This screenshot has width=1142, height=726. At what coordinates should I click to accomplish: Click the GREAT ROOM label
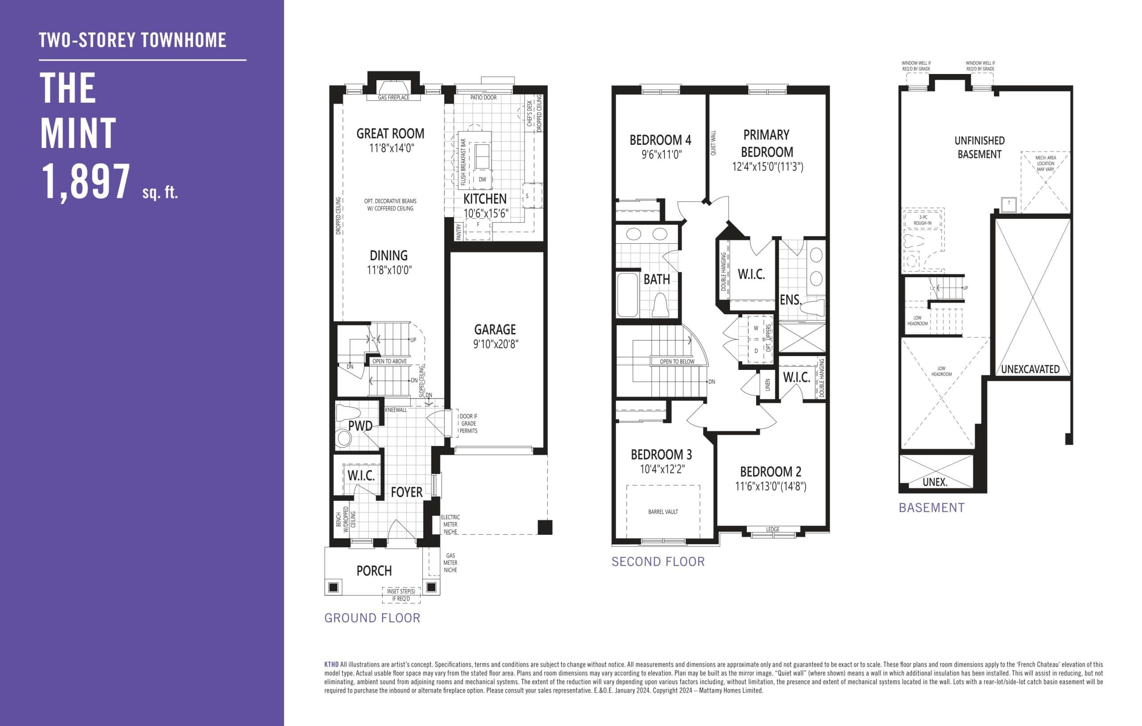[x=390, y=134]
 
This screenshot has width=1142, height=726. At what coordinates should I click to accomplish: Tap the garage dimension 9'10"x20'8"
[x=496, y=344]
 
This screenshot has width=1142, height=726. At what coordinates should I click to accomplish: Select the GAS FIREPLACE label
[x=393, y=98]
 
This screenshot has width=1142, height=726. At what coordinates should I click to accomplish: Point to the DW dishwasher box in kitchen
[x=482, y=180]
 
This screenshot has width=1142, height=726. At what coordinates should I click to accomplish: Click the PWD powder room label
[x=360, y=426]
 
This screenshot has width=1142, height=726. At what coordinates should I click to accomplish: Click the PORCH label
[x=374, y=571]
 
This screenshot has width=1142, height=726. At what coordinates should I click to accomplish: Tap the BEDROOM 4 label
[x=660, y=140]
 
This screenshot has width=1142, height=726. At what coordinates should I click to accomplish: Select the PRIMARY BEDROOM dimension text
[x=767, y=167]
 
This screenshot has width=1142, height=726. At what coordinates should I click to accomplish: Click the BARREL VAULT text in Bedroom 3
[x=663, y=512]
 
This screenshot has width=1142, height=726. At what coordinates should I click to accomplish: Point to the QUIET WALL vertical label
[x=714, y=143]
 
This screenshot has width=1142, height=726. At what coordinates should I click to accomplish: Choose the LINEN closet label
[x=767, y=385]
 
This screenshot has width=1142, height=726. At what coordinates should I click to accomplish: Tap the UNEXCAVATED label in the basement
[x=1030, y=369]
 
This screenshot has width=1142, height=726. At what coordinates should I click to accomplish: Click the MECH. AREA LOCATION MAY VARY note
[x=1045, y=164]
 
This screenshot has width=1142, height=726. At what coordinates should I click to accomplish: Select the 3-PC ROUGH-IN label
[x=923, y=220]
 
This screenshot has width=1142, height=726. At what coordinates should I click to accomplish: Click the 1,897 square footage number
[x=86, y=181]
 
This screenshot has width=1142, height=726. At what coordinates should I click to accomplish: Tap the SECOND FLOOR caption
[x=658, y=562]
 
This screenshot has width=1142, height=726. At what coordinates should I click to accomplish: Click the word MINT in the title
[x=78, y=134]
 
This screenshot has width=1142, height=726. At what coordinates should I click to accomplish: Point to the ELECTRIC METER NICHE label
[x=450, y=525]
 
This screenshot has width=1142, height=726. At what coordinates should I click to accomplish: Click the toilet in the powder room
[x=343, y=439]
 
